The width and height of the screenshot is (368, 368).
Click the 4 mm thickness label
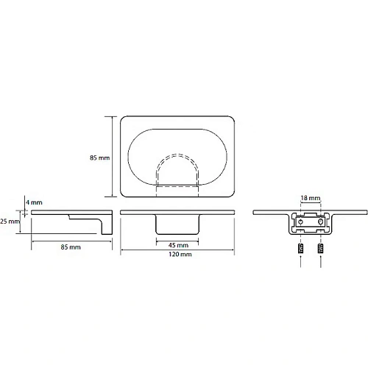tap(34, 202)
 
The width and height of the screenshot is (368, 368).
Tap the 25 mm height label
tap(10, 222)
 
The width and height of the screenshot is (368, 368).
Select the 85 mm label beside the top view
tap(99, 158)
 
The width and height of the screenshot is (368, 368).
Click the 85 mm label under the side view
tap(71, 247)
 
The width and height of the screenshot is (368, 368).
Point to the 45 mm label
tap(178, 245)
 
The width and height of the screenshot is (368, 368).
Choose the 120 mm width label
tap(180, 254)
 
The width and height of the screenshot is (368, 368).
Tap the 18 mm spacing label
tap(311, 198)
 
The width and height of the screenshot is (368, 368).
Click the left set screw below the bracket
tap(301, 249)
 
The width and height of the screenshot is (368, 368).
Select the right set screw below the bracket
tap(320, 249)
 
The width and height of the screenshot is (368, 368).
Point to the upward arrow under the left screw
tap(301, 261)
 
